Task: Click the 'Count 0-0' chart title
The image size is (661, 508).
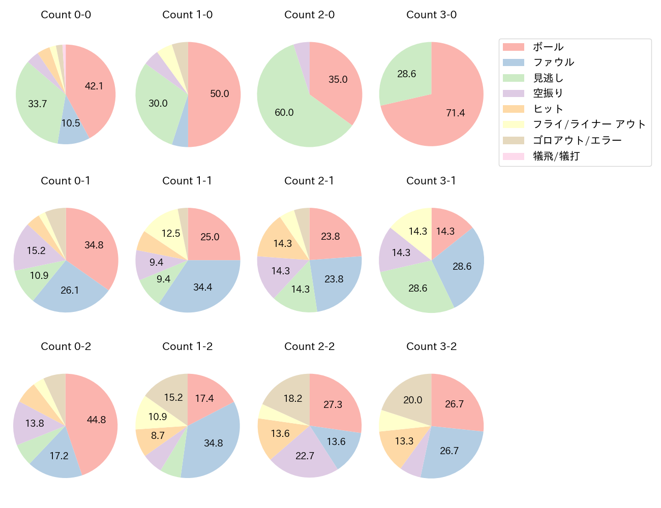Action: (66, 15)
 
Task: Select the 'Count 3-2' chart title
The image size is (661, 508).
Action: (431, 346)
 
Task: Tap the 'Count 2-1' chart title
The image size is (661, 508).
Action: (309, 181)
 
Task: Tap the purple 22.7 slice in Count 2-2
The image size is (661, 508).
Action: (305, 455)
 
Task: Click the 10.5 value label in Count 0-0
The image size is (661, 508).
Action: (71, 123)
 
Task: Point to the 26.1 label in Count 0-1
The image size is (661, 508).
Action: (70, 290)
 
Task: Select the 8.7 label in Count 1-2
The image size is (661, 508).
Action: (158, 435)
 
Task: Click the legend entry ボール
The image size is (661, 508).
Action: (548, 47)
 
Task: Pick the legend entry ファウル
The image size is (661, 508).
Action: (553, 62)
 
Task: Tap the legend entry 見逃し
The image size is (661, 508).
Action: (548, 78)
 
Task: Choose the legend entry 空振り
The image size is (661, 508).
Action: (548, 93)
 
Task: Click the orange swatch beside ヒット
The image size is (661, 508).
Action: (513, 109)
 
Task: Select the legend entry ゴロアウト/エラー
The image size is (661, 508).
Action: (577, 140)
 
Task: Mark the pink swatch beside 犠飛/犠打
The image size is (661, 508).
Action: (513, 156)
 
